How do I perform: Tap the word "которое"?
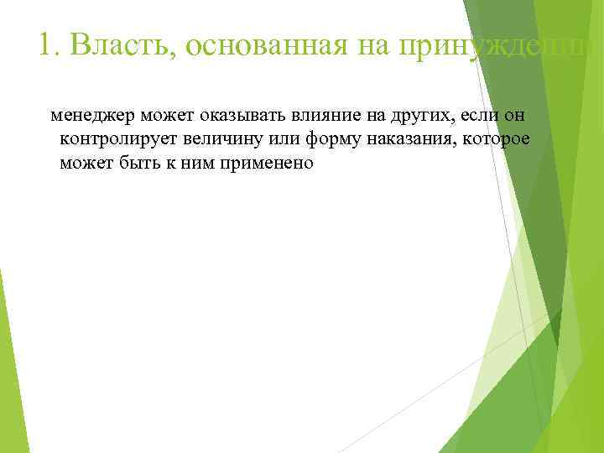click(x=499, y=138)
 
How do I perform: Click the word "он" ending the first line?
click(x=524, y=113)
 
